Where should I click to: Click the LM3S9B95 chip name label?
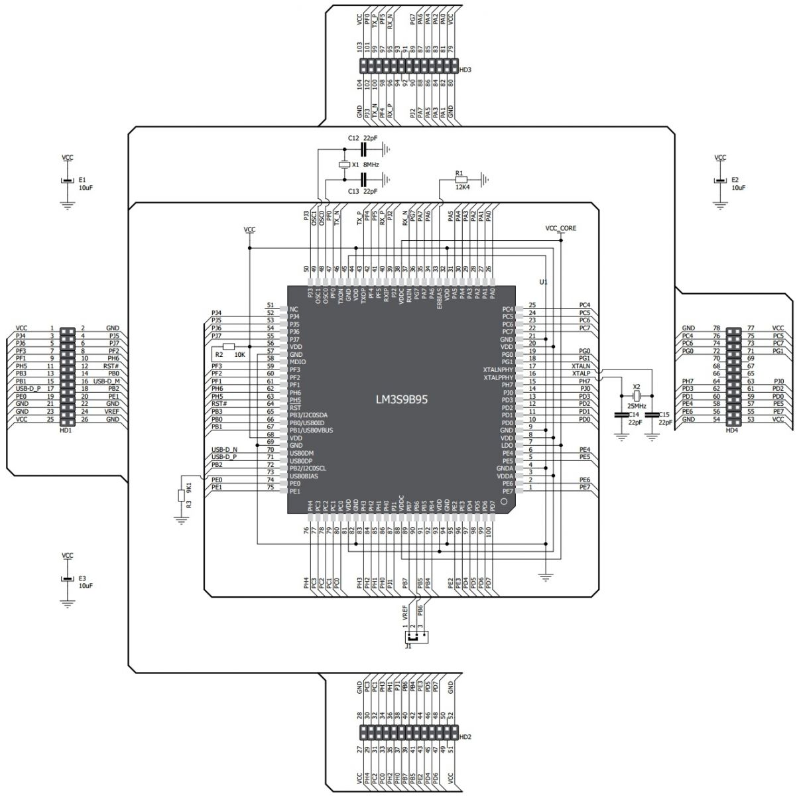401,401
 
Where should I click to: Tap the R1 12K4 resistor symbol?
460,179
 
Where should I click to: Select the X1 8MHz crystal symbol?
344,164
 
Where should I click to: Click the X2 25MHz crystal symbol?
636,396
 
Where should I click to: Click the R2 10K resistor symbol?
229,346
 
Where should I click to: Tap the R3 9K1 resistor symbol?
181,495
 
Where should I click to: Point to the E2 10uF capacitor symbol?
720,180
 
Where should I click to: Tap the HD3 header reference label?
465,70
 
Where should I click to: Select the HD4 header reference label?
731,430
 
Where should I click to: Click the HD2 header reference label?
465,737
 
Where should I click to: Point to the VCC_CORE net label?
560,228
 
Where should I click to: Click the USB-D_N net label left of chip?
224,450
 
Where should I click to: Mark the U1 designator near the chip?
543,282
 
